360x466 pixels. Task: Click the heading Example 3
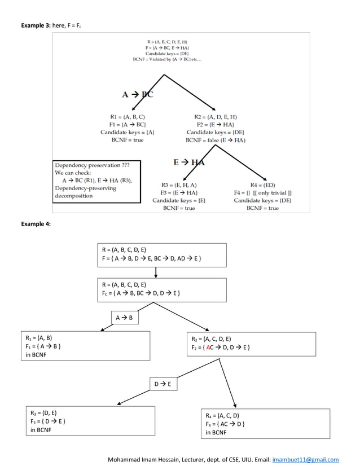click(x=36, y=26)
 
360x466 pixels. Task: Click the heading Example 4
click(x=36, y=224)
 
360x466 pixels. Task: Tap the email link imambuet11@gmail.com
click(x=305, y=459)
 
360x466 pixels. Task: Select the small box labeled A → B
click(x=124, y=318)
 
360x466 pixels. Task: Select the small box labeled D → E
click(x=162, y=384)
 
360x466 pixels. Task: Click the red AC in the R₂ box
click(x=210, y=348)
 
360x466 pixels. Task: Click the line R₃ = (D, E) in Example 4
click(x=43, y=412)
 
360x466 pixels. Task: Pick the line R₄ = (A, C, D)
click(x=222, y=415)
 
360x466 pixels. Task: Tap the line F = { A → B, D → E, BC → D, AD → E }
click(x=151, y=258)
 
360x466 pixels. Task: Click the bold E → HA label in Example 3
click(x=189, y=162)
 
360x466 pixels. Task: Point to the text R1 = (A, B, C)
click(x=128, y=116)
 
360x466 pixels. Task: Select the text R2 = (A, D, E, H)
click(x=216, y=116)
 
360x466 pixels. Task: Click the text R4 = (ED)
click(x=262, y=184)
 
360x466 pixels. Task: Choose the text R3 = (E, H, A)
click(x=179, y=184)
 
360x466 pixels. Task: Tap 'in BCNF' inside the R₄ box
click(x=216, y=432)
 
